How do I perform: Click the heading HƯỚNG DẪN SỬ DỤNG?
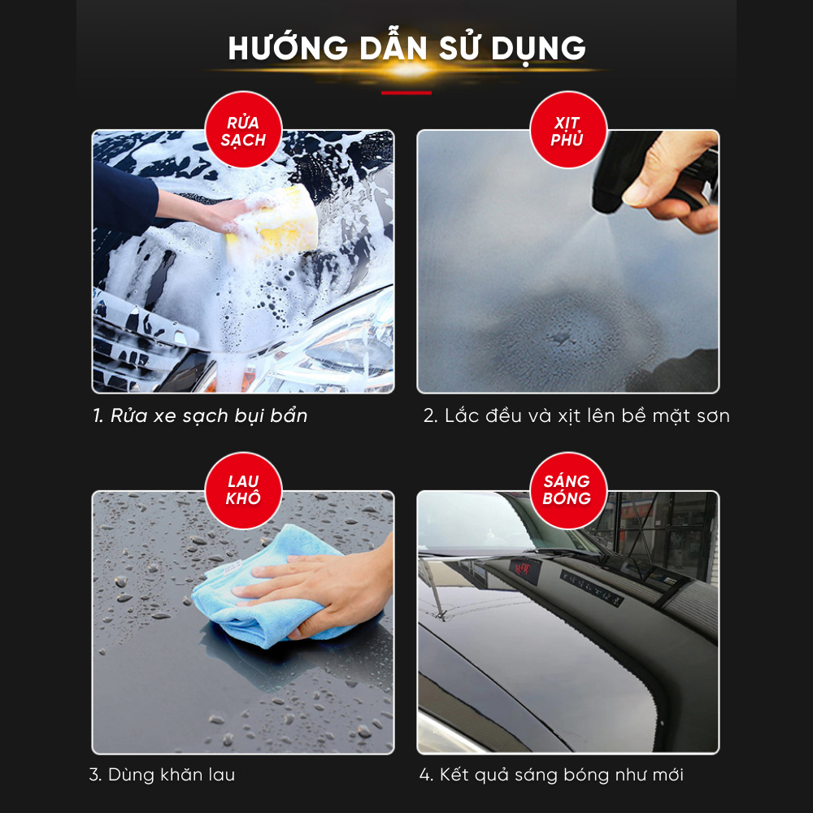click(407, 48)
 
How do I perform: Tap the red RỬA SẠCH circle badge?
click(243, 129)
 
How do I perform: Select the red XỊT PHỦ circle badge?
click(567, 129)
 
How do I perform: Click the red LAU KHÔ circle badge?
click(243, 490)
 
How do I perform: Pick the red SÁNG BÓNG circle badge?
click(567, 490)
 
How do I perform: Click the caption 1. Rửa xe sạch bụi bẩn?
click(200, 415)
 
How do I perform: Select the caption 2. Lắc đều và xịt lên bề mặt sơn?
click(576, 415)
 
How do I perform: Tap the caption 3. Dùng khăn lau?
click(163, 775)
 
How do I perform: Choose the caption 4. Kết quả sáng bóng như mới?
click(551, 775)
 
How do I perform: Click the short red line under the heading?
click(406, 93)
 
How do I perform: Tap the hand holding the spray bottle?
click(674, 176)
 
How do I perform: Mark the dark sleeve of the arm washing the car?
click(125, 200)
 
